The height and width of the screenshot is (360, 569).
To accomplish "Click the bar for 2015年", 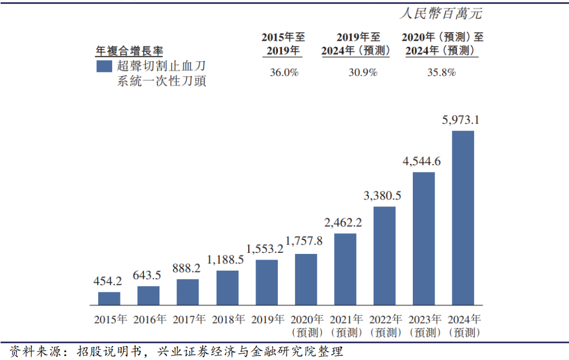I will (x=109, y=299).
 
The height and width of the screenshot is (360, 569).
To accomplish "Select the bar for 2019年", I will (x=267, y=282).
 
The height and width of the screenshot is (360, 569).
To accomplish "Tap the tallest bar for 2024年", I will (x=462, y=218).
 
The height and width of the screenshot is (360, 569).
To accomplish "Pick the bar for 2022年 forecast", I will (x=384, y=256).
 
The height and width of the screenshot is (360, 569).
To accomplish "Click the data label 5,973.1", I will (x=461, y=120).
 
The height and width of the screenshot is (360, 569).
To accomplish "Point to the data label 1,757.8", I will (x=304, y=241).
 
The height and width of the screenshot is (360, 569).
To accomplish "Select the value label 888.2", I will (x=187, y=268).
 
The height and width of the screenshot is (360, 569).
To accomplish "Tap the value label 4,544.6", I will (x=422, y=161).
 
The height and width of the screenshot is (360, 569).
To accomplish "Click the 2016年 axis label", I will (x=148, y=320).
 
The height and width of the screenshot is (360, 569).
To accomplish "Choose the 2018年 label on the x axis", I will (x=227, y=320).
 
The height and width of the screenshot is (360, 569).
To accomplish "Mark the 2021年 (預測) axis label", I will (x=345, y=326).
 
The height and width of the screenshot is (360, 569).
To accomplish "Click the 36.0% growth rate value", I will (x=284, y=73).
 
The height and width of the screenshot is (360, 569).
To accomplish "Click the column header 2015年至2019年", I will (x=284, y=44).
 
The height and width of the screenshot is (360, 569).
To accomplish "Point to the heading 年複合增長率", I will (x=129, y=51).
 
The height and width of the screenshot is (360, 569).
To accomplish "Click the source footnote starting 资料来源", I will (x=176, y=352).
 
